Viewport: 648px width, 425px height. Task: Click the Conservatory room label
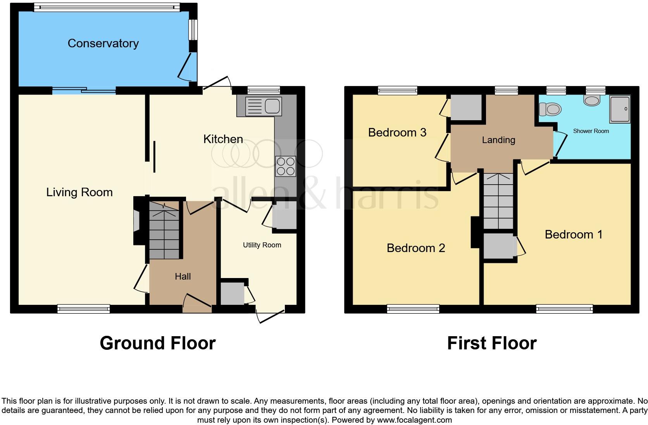pos(103,43)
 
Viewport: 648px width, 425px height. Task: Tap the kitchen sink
pos(264,106)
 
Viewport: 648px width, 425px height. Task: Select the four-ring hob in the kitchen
pos(286,166)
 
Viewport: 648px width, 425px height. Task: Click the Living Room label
pos(79,192)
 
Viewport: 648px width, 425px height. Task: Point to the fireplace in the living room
pos(137,221)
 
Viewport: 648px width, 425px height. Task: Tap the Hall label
pos(183,276)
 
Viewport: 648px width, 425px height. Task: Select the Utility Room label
pos(262,245)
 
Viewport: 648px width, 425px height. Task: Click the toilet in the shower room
pos(550,109)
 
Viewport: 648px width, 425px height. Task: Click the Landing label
pos(498,140)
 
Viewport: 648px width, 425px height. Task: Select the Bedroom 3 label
pos(397,133)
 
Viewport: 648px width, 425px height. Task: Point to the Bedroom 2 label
pos(416,248)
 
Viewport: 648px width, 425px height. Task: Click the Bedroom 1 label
pos(574,235)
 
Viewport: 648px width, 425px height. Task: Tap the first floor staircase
pos(498,202)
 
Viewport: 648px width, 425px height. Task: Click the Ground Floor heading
pos(157,343)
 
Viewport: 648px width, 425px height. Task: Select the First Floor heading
pos(491,343)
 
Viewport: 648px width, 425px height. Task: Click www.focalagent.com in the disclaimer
pos(414,420)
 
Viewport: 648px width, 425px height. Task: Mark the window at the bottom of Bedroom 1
pos(564,309)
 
